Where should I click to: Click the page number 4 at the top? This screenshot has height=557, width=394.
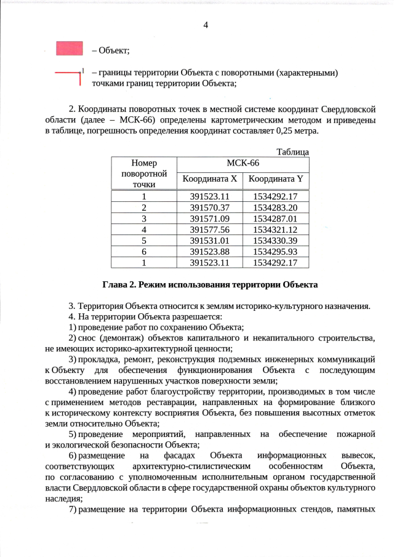[x=206, y=25]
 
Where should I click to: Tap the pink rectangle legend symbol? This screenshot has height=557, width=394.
[x=69, y=49]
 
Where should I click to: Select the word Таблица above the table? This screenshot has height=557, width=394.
[x=292, y=152]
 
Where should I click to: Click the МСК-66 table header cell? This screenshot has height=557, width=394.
[x=243, y=163]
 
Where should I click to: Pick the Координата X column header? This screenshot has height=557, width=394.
[x=209, y=179]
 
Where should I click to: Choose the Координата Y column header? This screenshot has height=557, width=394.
[x=275, y=179]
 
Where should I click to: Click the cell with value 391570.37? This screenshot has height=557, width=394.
[x=209, y=207]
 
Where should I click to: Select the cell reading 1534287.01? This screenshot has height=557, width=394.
[x=275, y=218]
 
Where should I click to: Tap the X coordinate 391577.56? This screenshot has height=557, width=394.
[x=209, y=229]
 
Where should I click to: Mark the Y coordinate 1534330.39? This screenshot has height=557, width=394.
[x=275, y=240]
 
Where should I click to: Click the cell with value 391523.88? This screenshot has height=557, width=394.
[x=209, y=251]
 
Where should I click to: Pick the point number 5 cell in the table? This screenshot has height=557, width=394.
[x=144, y=240]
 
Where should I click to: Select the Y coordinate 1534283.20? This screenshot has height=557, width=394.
[x=275, y=207]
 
